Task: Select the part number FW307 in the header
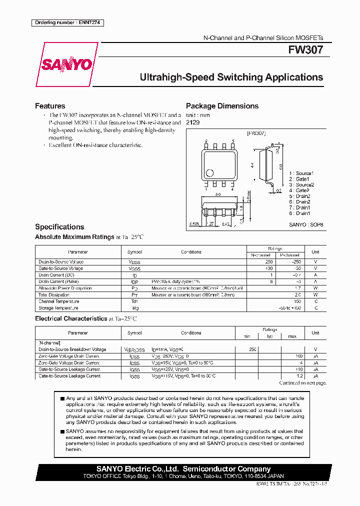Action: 305,50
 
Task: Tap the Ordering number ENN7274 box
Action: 67,22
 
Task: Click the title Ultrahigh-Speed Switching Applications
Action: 231,77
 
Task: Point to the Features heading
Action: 50,106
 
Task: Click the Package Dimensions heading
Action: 222,106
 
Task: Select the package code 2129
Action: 192,122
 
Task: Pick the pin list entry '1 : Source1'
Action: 301,173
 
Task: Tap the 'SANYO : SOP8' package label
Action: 306,225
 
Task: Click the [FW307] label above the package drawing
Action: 256,133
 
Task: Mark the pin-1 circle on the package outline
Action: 210,173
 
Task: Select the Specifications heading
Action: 59,226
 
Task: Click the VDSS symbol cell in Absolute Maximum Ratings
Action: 134,262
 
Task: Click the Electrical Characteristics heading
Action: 70,318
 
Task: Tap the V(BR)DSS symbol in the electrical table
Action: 134,349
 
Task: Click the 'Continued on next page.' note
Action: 302,383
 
